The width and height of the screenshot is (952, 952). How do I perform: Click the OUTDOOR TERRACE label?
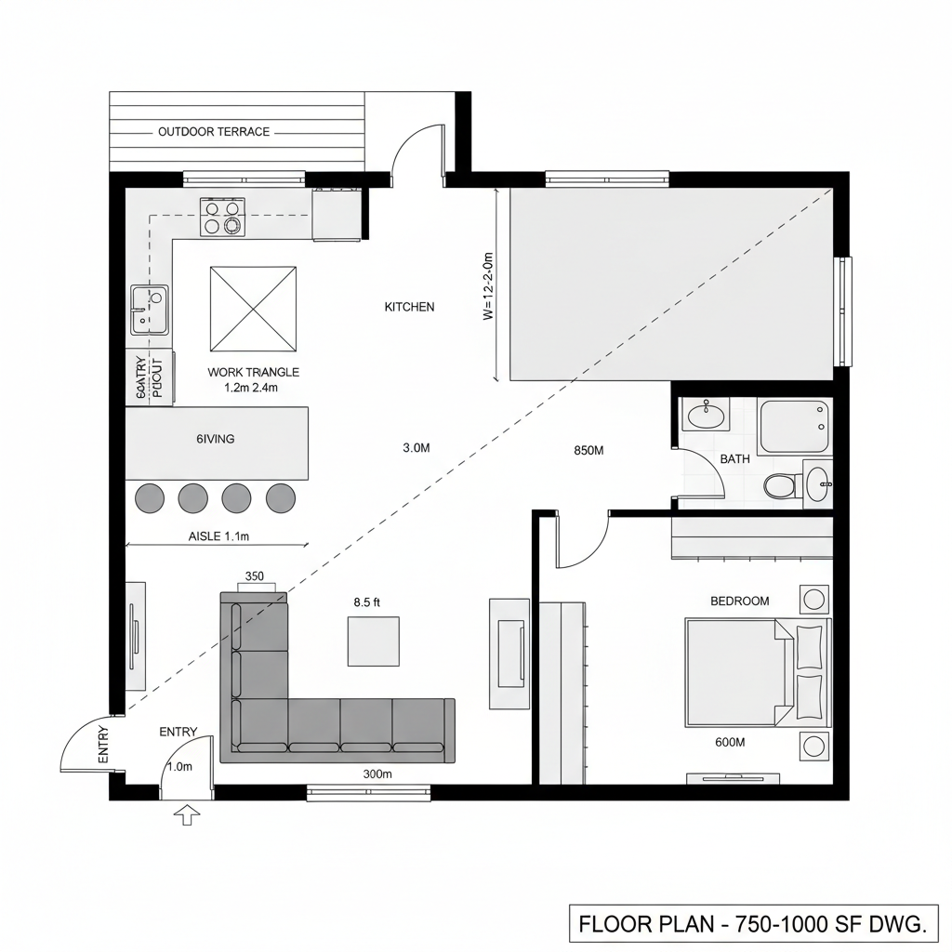pyautogui.click(x=214, y=132)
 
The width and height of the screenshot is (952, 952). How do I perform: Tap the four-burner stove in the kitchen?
pyautogui.click(x=222, y=217)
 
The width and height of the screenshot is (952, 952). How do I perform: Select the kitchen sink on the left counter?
pyautogui.click(x=149, y=310)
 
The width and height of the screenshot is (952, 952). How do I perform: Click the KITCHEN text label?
pyautogui.click(x=409, y=307)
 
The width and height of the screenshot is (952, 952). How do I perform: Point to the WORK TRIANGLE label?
pyautogui.click(x=253, y=372)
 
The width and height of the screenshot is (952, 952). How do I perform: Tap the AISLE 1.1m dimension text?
pyautogui.click(x=219, y=536)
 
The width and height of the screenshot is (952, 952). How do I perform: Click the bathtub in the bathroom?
pyautogui.click(x=793, y=427)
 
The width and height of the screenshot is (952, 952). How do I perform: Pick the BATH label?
pyautogui.click(x=734, y=459)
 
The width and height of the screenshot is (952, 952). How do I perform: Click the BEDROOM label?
pyautogui.click(x=739, y=602)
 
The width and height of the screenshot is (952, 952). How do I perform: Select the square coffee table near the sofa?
pyautogui.click(x=374, y=641)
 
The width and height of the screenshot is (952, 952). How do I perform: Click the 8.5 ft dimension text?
pyautogui.click(x=367, y=602)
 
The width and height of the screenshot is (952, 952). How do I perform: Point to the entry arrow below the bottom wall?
pyautogui.click(x=188, y=815)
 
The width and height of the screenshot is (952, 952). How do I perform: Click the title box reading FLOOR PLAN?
pyautogui.click(x=752, y=924)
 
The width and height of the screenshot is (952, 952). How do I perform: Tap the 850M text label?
pyautogui.click(x=588, y=451)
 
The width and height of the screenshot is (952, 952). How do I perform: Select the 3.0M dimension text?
pyautogui.click(x=416, y=448)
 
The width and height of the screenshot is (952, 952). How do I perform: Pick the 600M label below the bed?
pyautogui.click(x=730, y=742)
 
